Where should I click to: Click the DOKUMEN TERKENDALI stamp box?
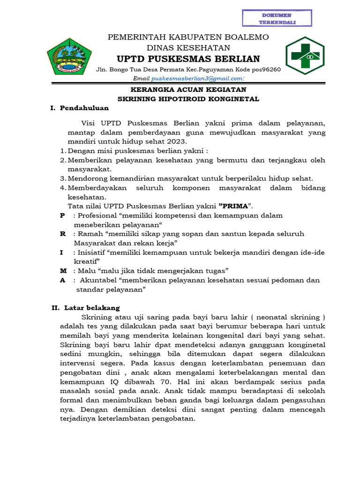277,17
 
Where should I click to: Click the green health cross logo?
305,56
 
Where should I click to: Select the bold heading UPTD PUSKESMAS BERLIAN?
188,59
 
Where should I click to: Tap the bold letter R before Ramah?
62,233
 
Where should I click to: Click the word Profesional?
97,215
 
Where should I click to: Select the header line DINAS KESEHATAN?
188,47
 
